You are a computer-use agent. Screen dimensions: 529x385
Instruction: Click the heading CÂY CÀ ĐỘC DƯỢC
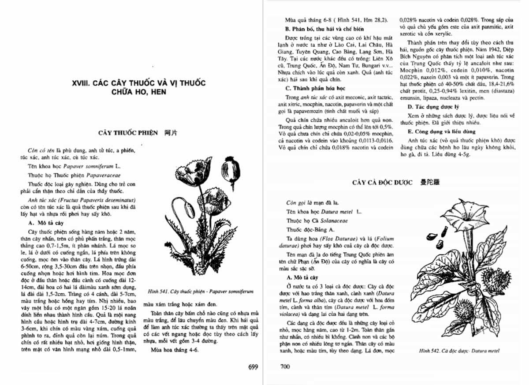point(382,183)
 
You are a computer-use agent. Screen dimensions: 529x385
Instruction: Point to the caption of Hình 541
point(201,292)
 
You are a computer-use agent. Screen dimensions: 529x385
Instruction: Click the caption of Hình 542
point(459,351)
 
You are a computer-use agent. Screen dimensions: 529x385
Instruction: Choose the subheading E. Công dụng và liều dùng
point(436,131)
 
